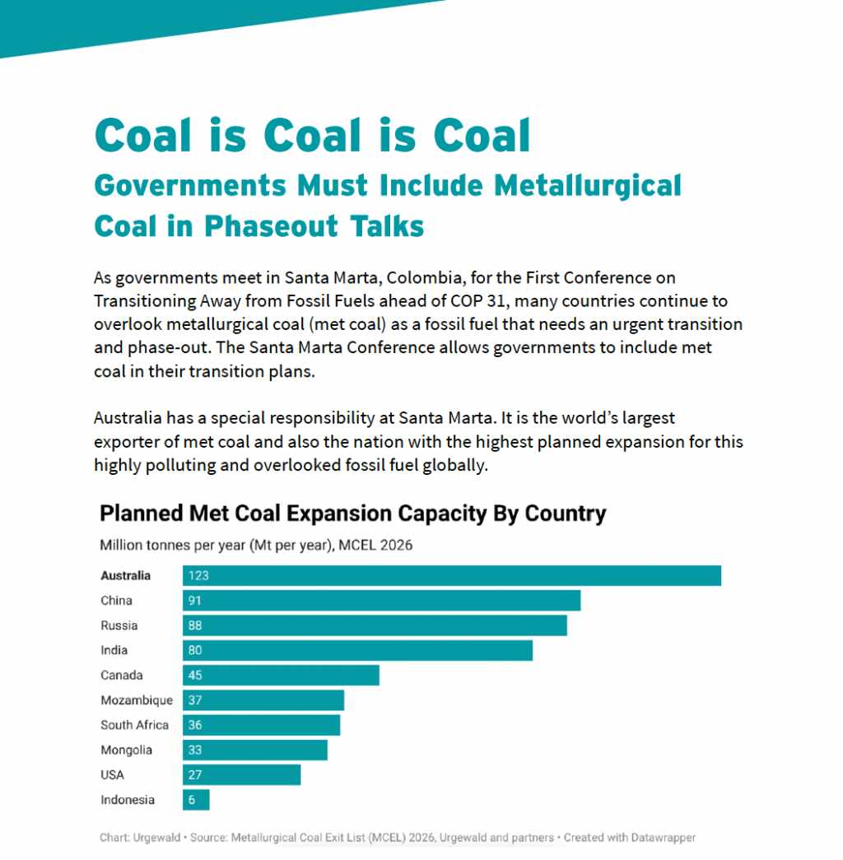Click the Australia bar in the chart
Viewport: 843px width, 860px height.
451,575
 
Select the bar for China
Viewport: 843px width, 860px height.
381,600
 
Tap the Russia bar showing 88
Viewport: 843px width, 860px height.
375,625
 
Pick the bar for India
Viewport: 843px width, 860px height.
357,650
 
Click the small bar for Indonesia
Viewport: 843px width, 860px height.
196,800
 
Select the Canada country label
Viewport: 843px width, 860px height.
121,676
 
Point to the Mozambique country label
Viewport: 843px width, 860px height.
137,700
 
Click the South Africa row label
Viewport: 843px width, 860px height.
134,725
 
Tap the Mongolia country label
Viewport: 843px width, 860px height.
126,750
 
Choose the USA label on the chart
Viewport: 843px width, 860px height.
112,775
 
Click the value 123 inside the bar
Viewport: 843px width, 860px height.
198,575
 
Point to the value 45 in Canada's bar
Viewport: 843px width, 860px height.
195,676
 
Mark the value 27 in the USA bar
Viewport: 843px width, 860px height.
195,775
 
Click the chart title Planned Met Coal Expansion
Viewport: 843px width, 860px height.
352,514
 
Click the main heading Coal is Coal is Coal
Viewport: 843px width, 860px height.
313,135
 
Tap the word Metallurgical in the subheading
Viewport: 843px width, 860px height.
587,186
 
